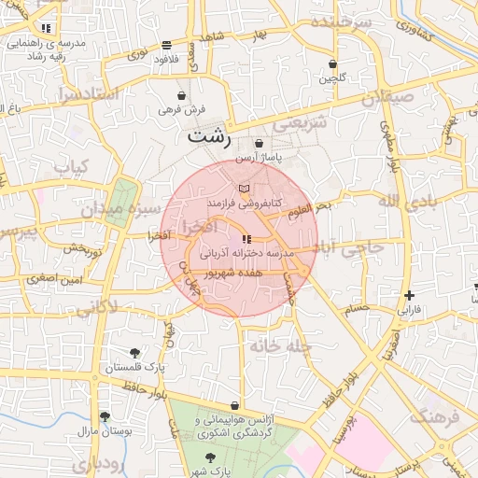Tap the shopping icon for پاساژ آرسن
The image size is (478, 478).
click(260, 144)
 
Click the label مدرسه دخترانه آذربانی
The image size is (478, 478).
click(246, 253)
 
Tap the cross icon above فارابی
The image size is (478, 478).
click(409, 295)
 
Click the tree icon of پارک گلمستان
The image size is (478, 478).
click(135, 353)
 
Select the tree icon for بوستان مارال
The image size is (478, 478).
click(104, 416)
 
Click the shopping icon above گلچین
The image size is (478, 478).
click(333, 64)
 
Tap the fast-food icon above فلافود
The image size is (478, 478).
click(166, 44)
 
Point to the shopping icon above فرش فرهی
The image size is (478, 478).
click(181, 95)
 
